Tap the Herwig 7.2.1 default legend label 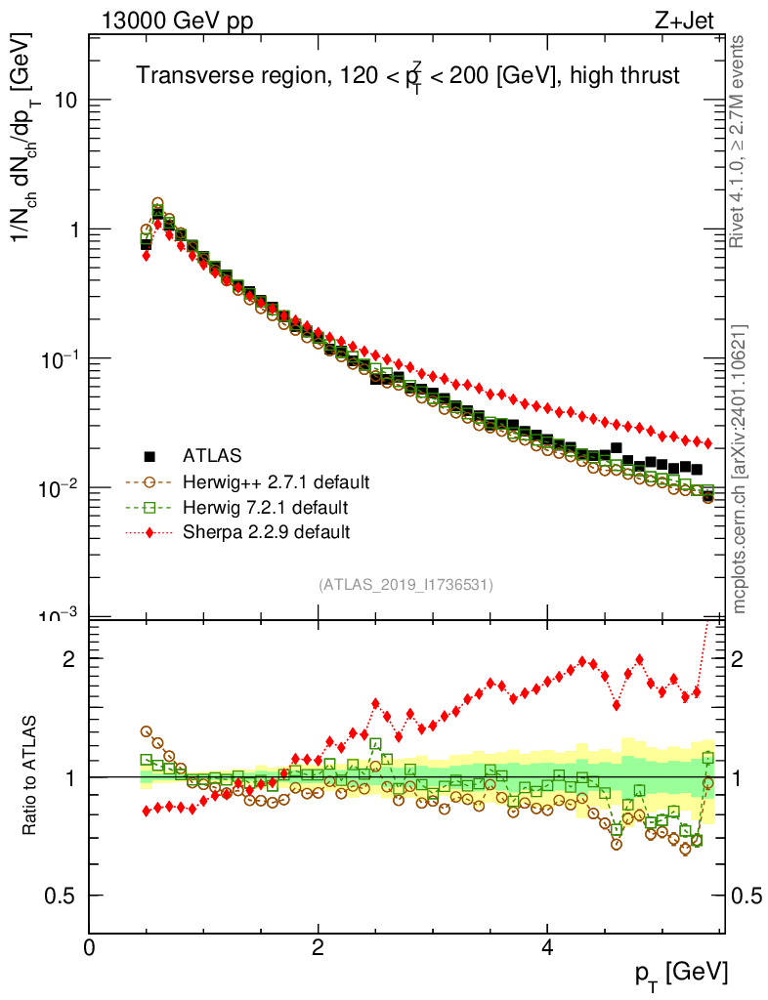[x=266, y=508]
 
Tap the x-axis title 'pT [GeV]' [x=682, y=973]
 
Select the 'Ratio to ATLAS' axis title [x=31, y=776]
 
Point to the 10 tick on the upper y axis [x=64, y=101]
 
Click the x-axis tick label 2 [x=319, y=946]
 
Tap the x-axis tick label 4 [x=547, y=946]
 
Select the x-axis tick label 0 [x=90, y=946]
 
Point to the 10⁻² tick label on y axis [x=57, y=487]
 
